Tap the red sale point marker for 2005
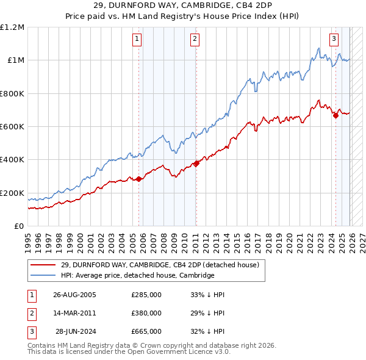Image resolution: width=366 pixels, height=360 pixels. tap(138, 179)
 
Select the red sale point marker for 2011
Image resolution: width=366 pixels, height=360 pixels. tap(196, 163)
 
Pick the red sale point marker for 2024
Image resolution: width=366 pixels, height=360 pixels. tap(335, 115)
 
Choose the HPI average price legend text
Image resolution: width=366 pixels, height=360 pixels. tap(138, 275)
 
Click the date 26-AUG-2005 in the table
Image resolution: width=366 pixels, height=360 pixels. tap(74, 295)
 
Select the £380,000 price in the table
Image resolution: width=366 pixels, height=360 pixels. tap(146, 313)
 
